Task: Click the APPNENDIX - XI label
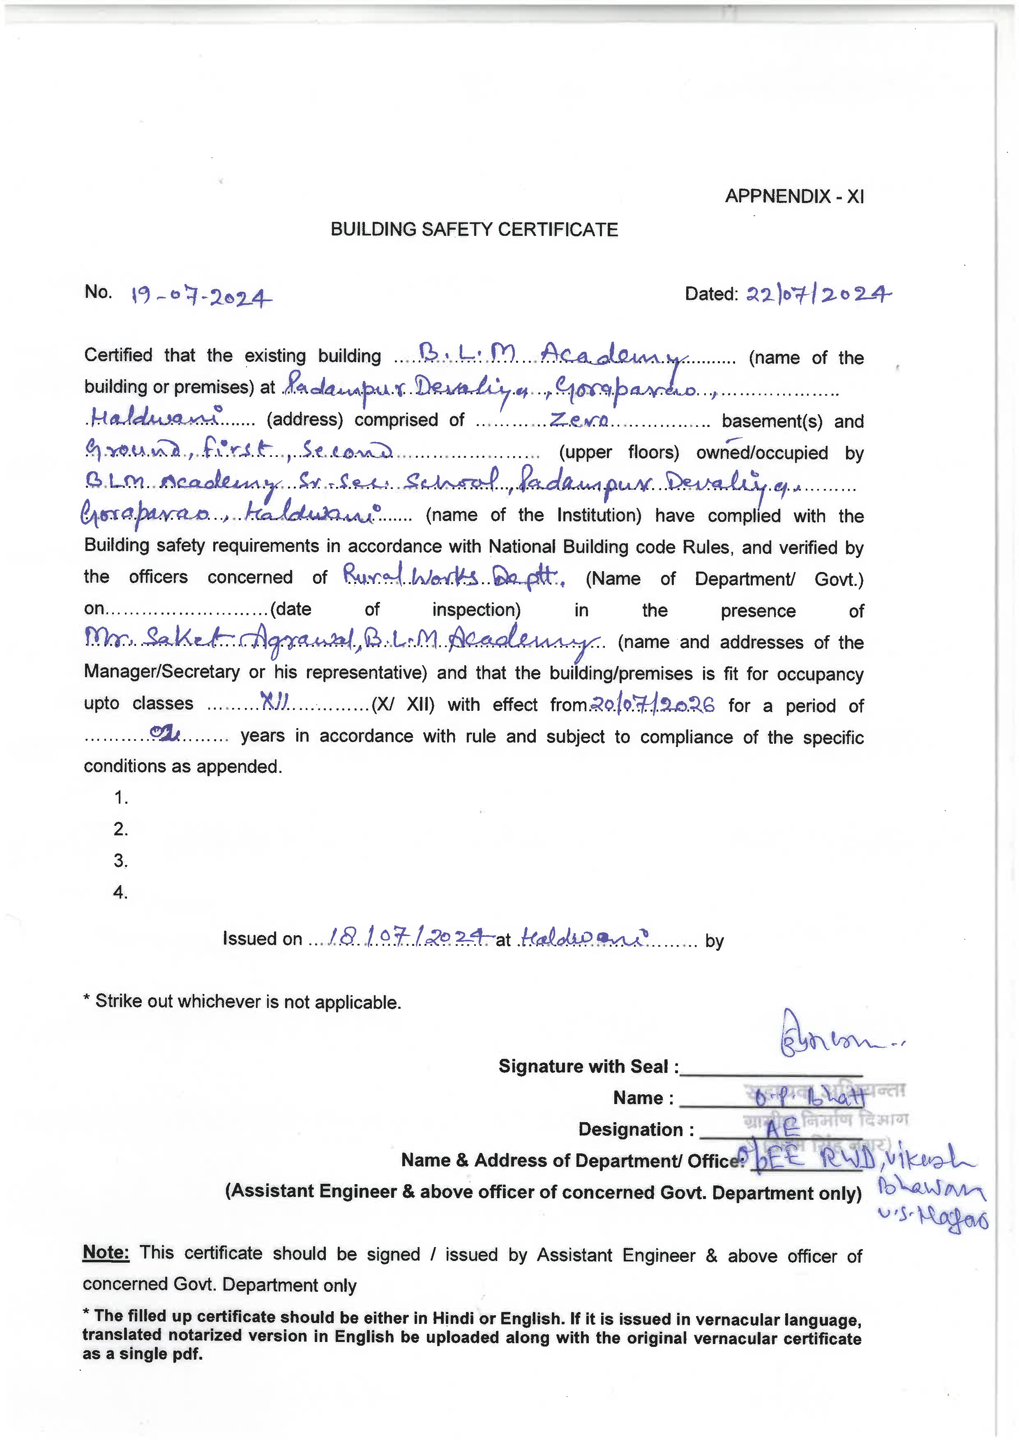tap(794, 196)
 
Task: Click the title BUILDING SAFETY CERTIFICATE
tap(474, 229)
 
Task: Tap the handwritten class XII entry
tap(274, 703)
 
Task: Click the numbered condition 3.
tap(120, 860)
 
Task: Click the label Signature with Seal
tap(588, 1066)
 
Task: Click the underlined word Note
tap(106, 1253)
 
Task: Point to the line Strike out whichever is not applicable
tap(242, 1002)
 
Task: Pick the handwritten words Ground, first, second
tap(238, 450)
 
